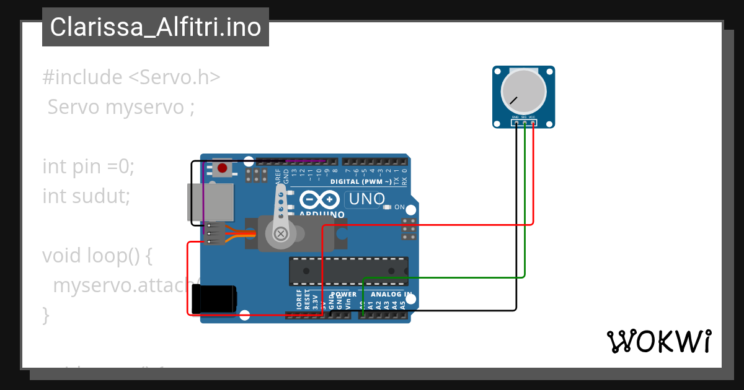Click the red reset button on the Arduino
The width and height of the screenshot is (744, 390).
(223, 167)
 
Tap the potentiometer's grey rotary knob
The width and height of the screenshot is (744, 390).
(524, 91)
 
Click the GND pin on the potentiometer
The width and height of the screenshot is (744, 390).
(516, 123)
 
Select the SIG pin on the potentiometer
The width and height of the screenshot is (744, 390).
(525, 123)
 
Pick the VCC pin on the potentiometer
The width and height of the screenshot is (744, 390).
(533, 123)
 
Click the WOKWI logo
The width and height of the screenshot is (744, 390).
(658, 341)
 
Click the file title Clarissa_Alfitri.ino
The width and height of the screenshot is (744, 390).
(155, 28)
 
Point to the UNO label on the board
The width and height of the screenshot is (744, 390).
(367, 199)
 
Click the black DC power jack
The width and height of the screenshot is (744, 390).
(214, 299)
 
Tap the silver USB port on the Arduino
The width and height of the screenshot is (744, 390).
(211, 202)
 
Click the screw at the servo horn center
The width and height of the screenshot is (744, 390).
(281, 233)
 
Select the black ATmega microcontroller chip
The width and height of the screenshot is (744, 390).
(348, 271)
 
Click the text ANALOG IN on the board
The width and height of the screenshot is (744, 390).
(391, 295)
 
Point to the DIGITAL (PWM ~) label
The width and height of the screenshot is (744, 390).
(360, 182)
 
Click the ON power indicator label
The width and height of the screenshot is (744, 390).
(399, 207)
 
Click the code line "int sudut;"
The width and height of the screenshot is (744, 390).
(86, 196)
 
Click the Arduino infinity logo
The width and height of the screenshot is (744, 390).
(321, 200)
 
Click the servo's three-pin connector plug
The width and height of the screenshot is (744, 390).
(215, 233)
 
